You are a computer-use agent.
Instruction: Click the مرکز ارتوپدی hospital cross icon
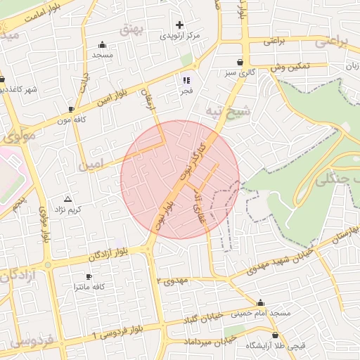(x=179, y=25)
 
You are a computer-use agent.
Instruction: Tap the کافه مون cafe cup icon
(x=71, y=109)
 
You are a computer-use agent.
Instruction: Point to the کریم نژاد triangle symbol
(x=67, y=199)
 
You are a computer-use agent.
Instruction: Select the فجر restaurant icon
(x=186, y=79)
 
